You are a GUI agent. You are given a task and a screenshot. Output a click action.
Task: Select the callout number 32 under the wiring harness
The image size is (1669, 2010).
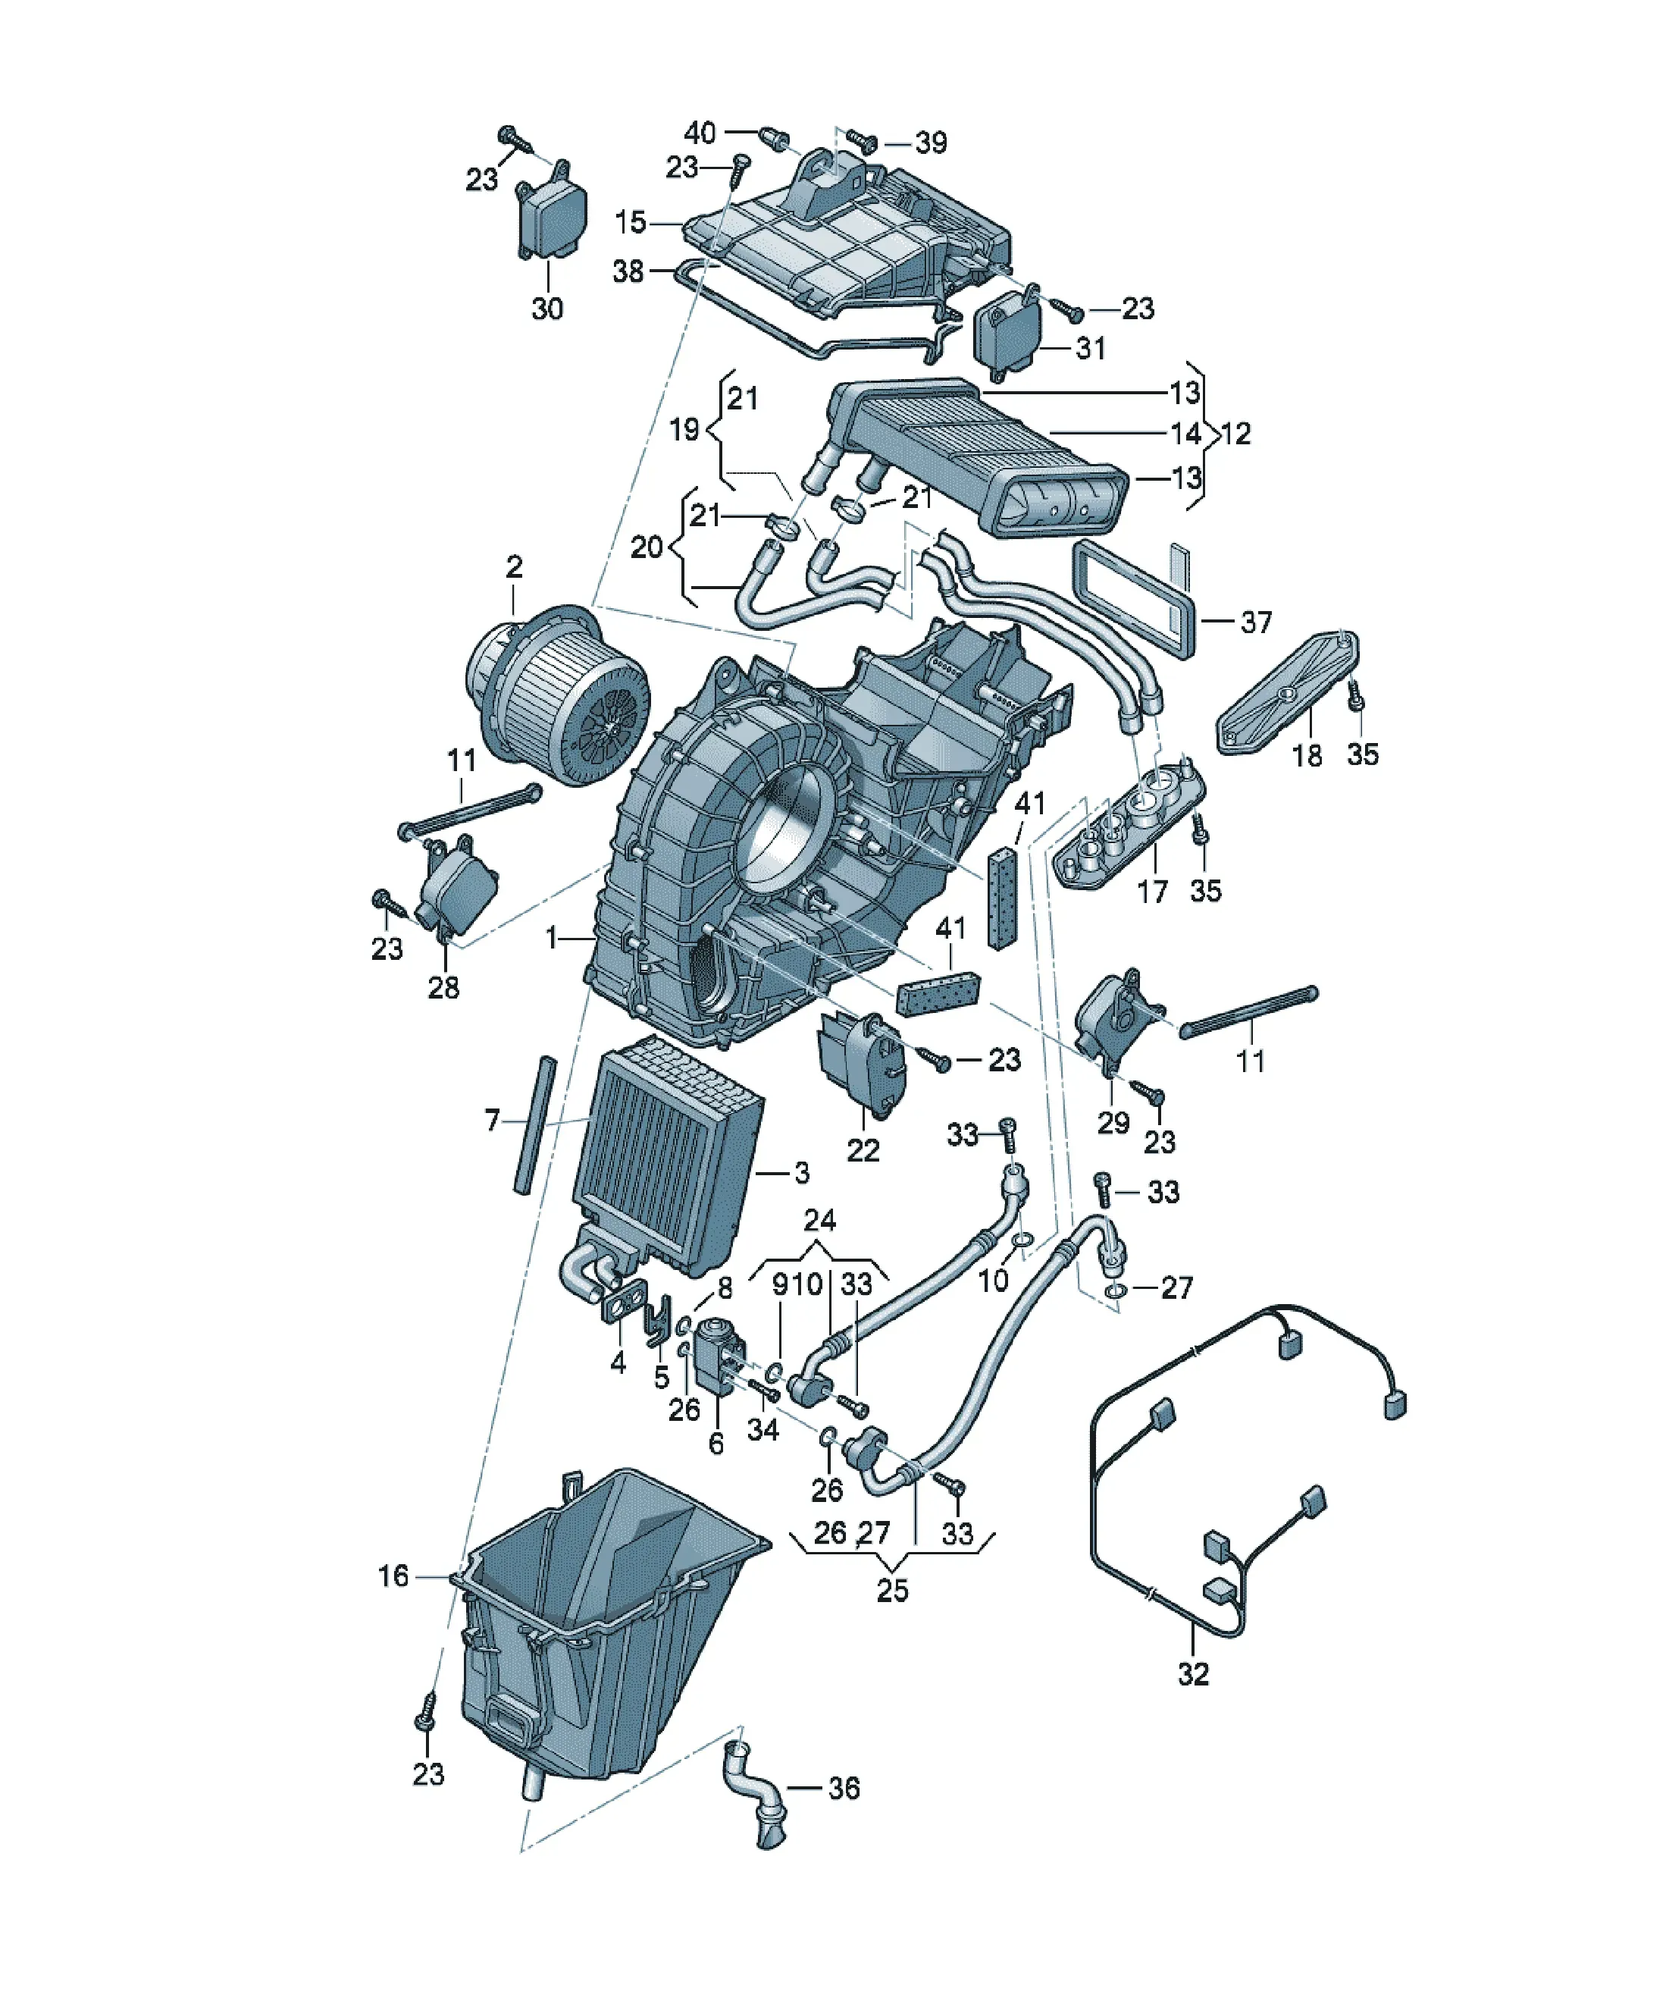click(1192, 1673)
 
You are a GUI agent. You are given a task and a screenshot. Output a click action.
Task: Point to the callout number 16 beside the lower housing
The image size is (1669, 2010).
click(393, 1576)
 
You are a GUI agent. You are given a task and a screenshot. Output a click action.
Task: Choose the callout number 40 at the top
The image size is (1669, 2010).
click(700, 133)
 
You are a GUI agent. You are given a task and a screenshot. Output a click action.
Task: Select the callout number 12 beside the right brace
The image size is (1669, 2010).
click(1235, 434)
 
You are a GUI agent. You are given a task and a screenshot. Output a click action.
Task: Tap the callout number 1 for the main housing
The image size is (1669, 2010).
click(550, 938)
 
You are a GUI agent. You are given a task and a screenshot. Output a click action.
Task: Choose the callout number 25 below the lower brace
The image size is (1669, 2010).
click(892, 1590)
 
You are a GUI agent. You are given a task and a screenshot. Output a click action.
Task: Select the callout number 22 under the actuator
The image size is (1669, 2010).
click(863, 1149)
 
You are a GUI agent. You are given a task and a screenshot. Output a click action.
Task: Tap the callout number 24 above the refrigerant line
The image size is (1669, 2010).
click(819, 1221)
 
